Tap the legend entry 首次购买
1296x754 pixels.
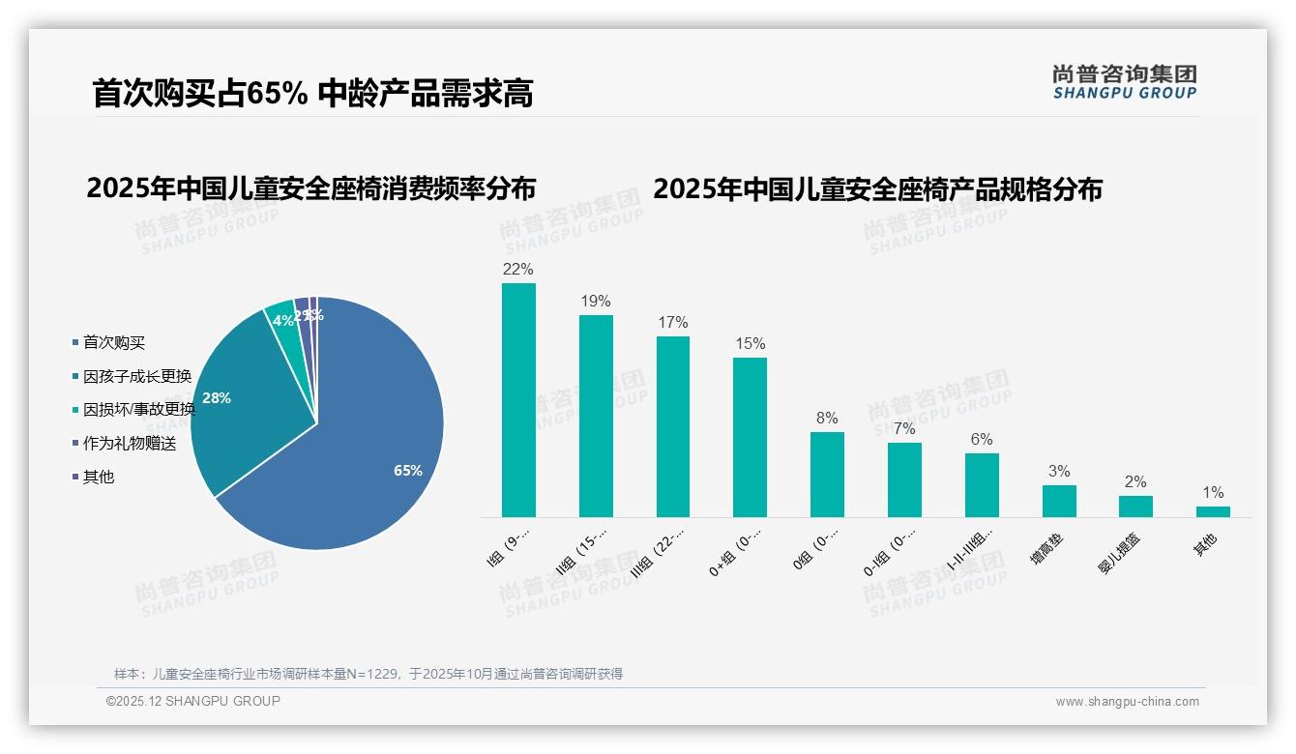point(114,343)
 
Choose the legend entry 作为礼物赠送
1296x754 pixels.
point(130,444)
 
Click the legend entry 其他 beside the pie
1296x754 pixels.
point(99,478)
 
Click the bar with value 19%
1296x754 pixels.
point(596,416)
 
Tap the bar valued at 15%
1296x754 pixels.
point(750,437)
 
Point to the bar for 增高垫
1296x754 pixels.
point(1059,501)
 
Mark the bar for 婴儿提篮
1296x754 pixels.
point(1135,507)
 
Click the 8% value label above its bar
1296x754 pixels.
point(827,419)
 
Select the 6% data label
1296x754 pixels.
point(982,440)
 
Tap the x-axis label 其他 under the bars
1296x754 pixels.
point(1205,545)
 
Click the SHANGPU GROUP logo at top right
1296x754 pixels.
point(1124,82)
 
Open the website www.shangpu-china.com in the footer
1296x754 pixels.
point(1127,702)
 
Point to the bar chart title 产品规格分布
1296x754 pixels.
point(877,189)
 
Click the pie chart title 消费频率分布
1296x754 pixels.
point(310,188)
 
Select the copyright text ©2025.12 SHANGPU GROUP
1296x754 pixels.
point(193,701)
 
